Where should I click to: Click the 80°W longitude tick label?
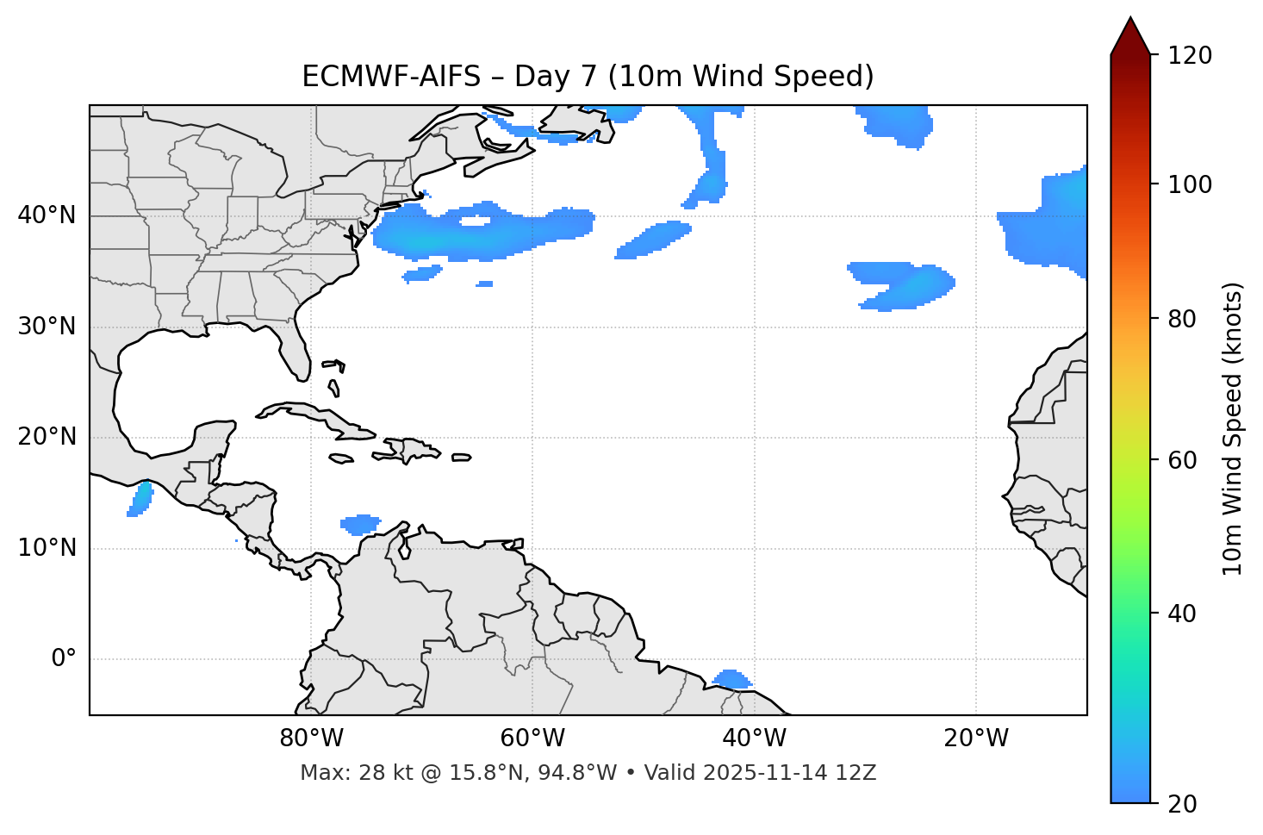(x=311, y=738)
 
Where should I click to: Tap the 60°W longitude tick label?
(x=532, y=738)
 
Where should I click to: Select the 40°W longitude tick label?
(x=754, y=738)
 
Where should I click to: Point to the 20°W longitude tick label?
(x=975, y=738)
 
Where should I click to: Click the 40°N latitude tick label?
(x=47, y=215)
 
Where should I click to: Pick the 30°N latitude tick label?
(x=47, y=327)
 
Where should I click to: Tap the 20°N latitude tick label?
(x=47, y=437)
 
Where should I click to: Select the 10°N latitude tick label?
(x=47, y=548)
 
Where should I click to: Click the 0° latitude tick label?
(x=64, y=659)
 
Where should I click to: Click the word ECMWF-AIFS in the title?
(x=390, y=77)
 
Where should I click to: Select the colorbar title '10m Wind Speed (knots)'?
(x=1233, y=428)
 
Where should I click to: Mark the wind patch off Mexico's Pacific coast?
(x=140, y=500)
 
